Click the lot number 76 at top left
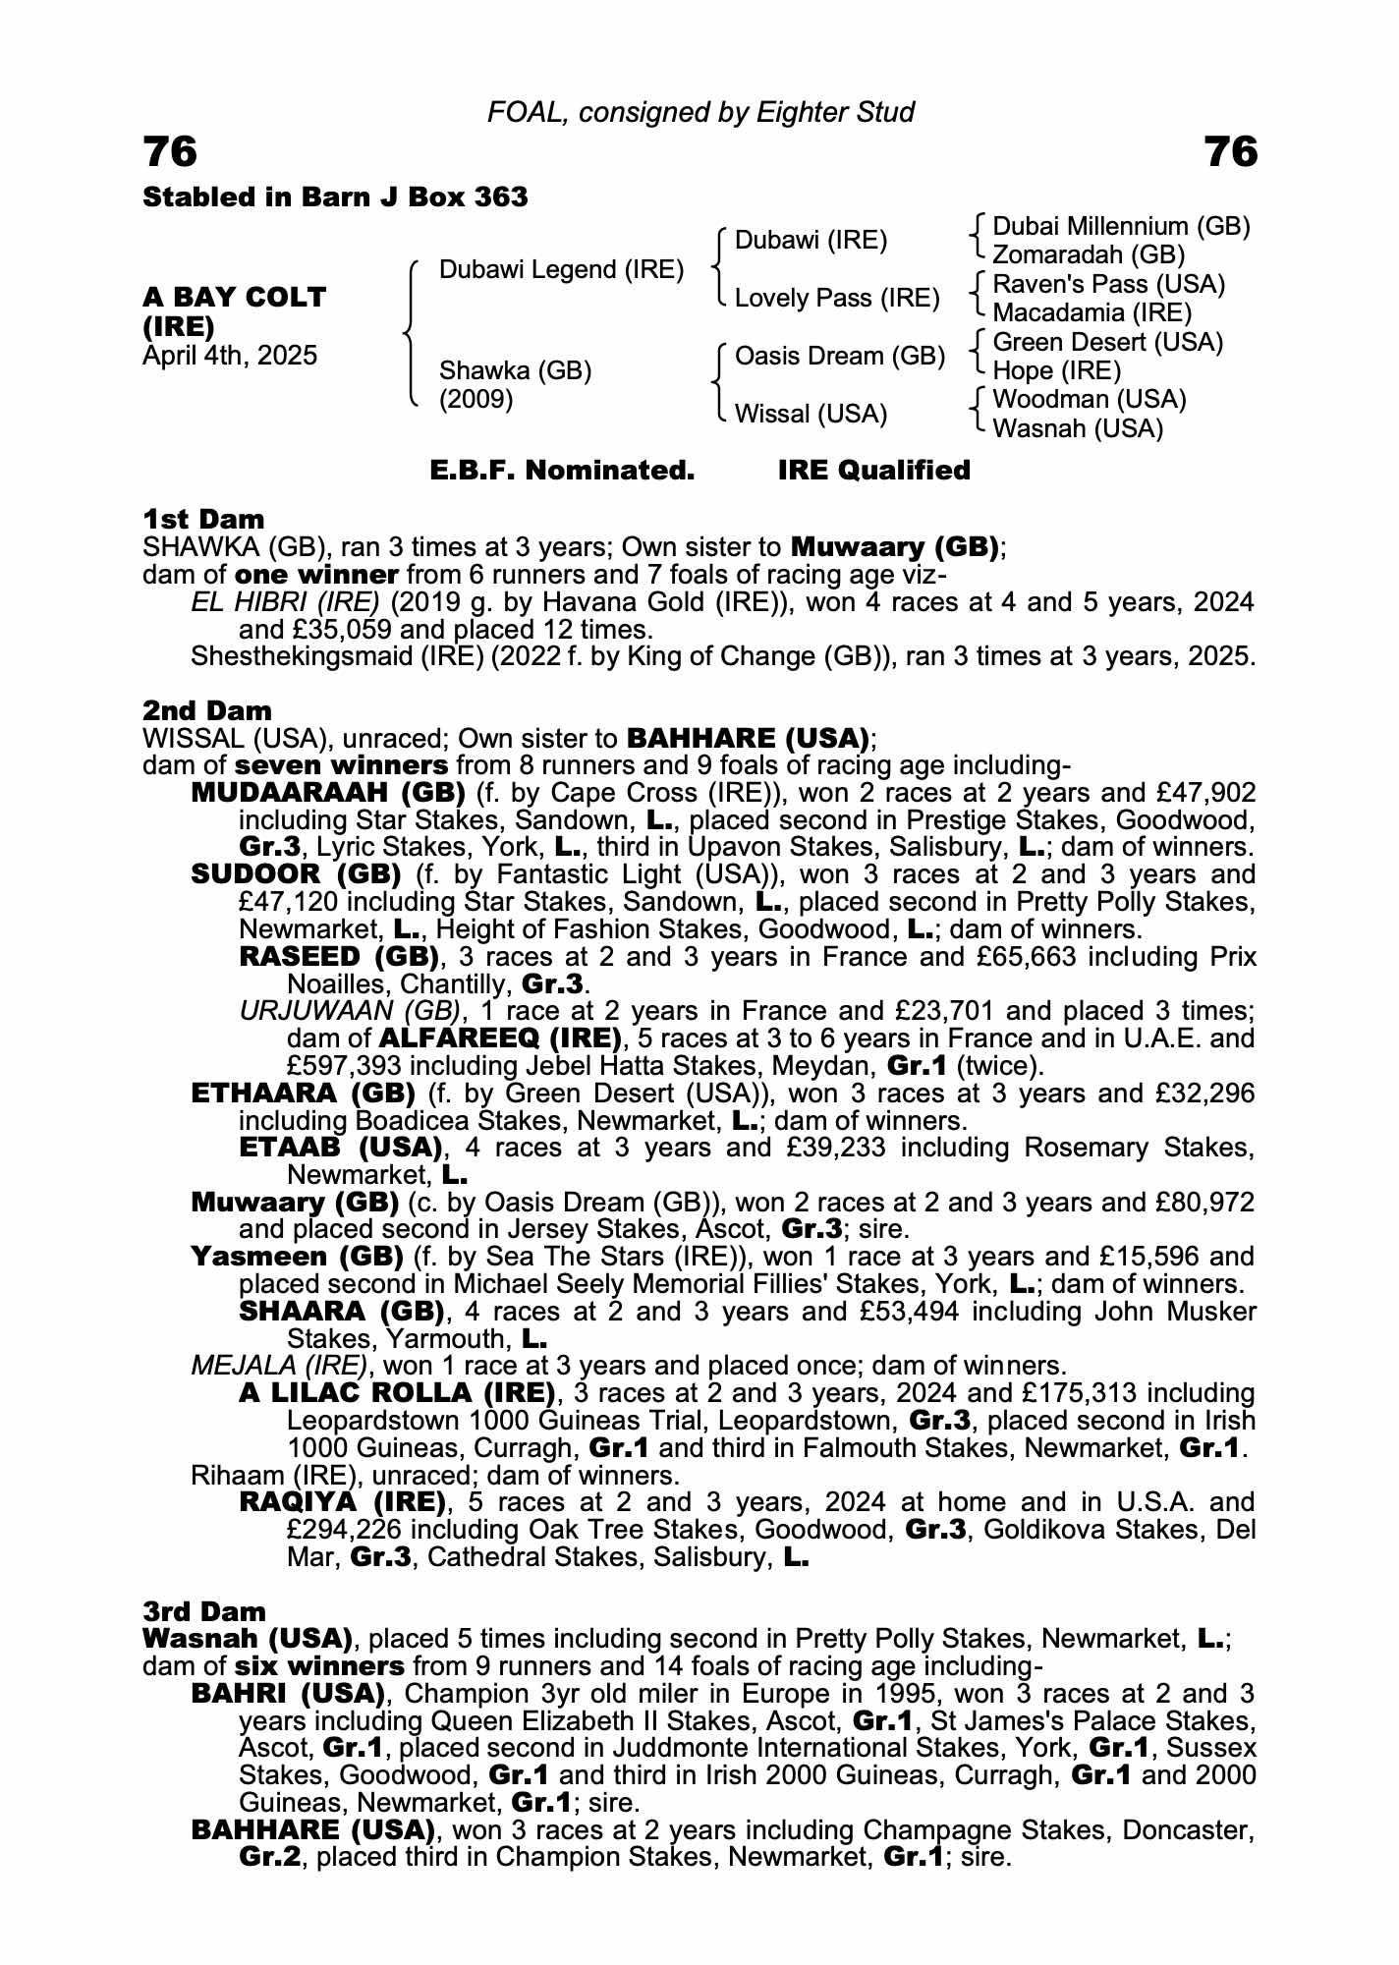170,152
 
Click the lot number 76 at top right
1230,152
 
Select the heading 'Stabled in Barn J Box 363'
335,197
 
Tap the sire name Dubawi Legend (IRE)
561,270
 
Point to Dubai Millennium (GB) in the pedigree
1121,227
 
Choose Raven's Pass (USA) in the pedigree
1109,285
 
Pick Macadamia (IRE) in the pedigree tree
1091,313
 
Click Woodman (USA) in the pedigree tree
1090,400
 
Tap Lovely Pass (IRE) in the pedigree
837,299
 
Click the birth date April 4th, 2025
230,356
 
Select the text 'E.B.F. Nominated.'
562,471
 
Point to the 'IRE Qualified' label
873,471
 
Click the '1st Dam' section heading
203,519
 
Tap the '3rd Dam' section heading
204,1611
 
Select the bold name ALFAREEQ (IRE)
500,1039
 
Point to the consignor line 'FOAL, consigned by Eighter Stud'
700,113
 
